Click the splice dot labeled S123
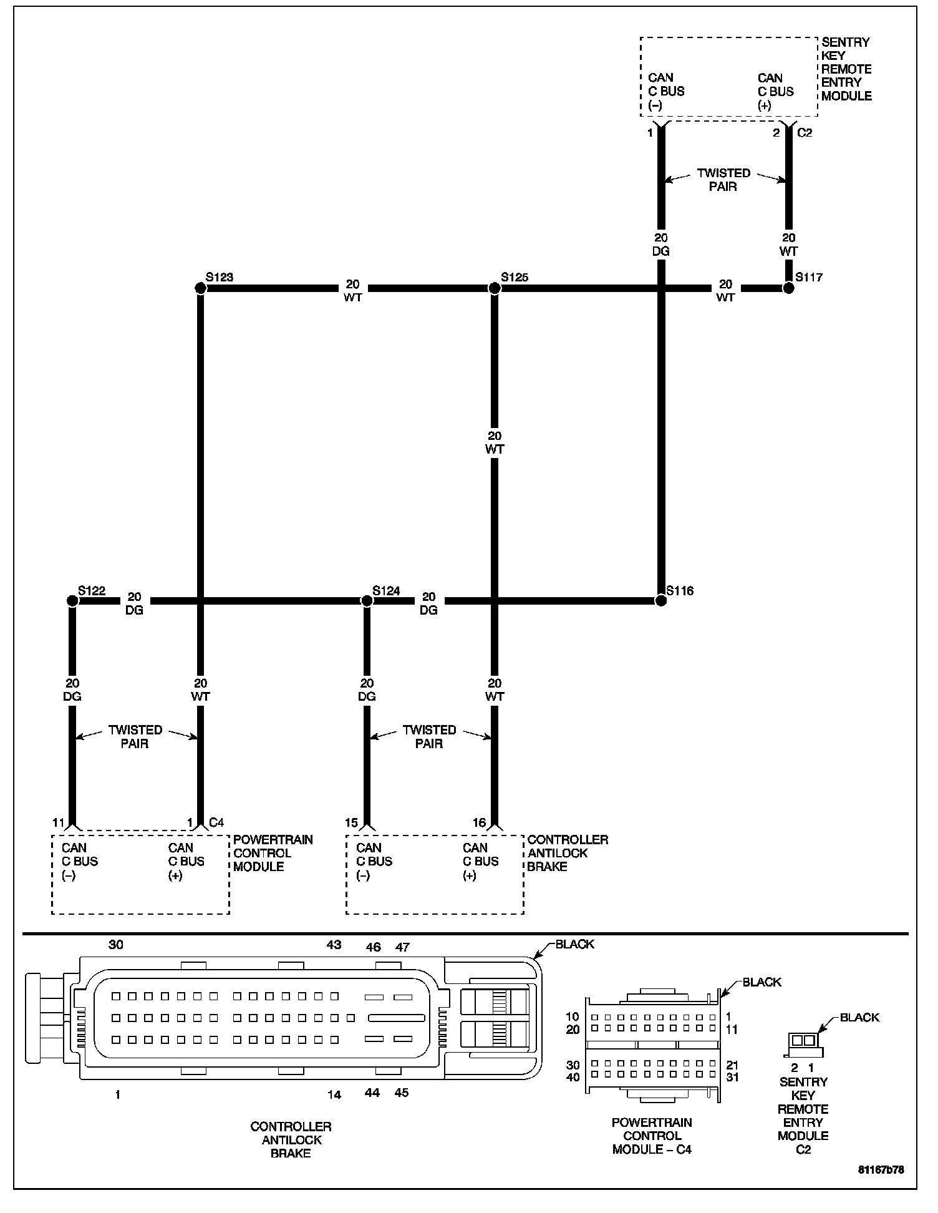(200, 288)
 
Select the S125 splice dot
(495, 288)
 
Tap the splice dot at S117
(788, 288)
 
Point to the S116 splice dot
(660, 601)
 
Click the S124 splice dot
(367, 601)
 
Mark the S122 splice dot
(72, 601)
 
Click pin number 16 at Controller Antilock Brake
(479, 823)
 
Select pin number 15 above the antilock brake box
(352, 823)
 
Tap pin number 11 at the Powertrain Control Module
(58, 823)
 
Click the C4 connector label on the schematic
(216, 822)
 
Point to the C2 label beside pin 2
(805, 133)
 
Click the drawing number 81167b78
(880, 1170)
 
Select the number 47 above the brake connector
(402, 947)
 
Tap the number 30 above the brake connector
(116, 945)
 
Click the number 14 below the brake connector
(334, 1094)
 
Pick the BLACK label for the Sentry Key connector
(859, 1018)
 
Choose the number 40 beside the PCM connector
(573, 1078)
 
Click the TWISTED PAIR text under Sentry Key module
(723, 180)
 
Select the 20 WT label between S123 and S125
(352, 291)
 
